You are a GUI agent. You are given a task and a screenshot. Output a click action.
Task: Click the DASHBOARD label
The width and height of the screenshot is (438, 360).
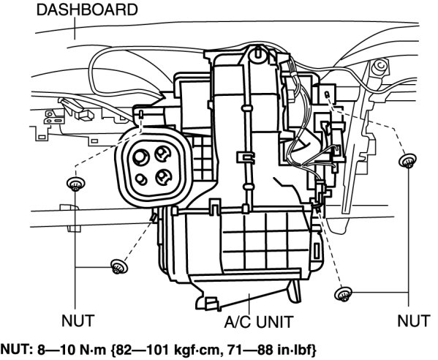pos(87,10)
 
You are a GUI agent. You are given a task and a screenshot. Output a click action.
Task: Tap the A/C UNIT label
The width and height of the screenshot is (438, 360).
pos(259,322)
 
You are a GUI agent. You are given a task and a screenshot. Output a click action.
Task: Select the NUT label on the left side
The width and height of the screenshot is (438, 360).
pos(78,320)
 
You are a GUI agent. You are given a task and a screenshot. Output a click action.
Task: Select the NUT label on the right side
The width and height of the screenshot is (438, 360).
pos(414,320)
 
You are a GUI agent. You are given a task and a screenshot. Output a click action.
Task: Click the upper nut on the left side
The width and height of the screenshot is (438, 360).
pos(76,184)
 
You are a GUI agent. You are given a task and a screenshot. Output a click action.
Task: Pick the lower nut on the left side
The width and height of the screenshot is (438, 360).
pos(119,266)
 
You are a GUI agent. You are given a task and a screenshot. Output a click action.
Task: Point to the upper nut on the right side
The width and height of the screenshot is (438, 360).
pos(407,161)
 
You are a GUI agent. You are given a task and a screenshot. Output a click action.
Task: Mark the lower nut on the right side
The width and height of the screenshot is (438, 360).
pos(343,293)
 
